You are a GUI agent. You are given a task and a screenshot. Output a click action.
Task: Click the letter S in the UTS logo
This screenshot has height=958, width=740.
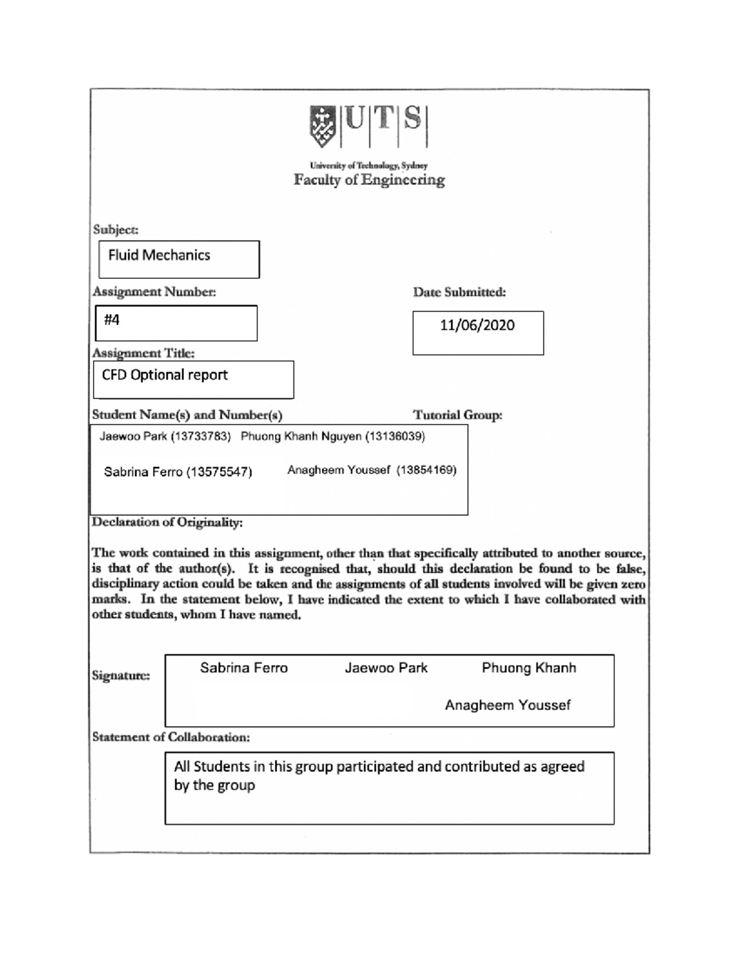click(413, 118)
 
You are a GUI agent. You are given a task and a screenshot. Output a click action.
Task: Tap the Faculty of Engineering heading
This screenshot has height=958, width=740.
click(369, 180)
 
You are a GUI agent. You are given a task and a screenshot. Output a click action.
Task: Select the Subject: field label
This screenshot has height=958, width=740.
click(115, 229)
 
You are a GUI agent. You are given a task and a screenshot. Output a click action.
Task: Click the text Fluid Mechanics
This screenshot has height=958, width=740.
click(159, 255)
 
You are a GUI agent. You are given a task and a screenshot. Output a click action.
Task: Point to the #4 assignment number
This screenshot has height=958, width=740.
click(112, 320)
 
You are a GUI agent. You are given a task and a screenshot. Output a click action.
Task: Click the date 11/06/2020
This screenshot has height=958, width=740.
click(477, 326)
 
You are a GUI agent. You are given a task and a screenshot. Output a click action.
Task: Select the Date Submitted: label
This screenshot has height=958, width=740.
click(459, 292)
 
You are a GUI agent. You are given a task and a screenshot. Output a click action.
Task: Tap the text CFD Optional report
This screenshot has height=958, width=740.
click(165, 375)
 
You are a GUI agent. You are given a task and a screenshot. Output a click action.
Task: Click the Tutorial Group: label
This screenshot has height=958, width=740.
click(458, 415)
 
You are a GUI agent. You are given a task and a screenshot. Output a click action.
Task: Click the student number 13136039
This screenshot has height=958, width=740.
click(395, 437)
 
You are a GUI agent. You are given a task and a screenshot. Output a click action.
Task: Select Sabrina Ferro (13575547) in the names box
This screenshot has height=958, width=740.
click(178, 473)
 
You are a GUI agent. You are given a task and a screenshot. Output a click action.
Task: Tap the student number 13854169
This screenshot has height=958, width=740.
click(426, 470)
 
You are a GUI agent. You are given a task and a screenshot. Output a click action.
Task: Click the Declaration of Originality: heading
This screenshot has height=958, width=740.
click(167, 522)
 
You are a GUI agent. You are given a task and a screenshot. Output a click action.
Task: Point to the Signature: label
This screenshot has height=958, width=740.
click(121, 675)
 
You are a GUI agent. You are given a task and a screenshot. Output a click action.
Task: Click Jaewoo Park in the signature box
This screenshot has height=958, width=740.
click(386, 668)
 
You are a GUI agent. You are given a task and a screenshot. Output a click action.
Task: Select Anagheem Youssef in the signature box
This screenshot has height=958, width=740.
click(508, 705)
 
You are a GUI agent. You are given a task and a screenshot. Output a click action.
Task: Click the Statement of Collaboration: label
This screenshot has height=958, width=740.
click(171, 737)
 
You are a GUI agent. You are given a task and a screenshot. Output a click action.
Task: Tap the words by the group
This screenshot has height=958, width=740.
click(214, 786)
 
